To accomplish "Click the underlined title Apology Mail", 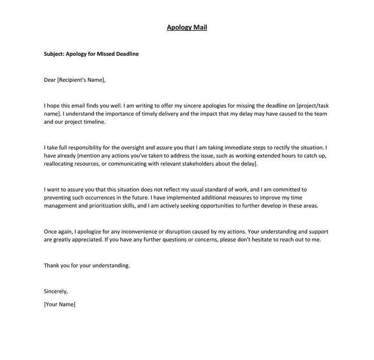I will click(187, 27).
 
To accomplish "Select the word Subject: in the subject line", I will click(54, 54).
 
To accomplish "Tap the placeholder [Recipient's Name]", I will click(81, 79).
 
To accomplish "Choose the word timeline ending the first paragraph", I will click(93, 122).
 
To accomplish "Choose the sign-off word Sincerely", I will click(56, 291).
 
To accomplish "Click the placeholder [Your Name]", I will click(59, 304).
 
